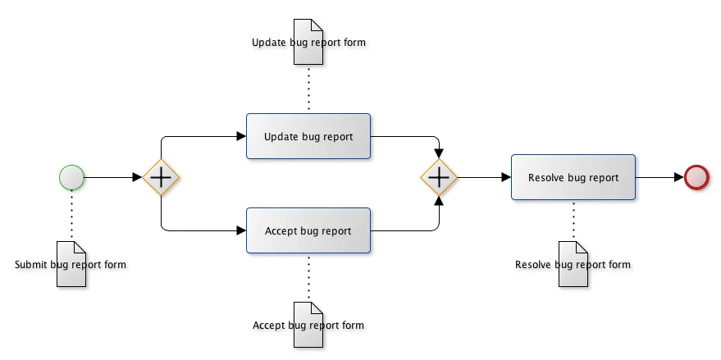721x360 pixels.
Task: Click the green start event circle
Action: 71,177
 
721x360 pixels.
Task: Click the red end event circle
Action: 696,177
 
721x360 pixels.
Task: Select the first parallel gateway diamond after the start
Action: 161,177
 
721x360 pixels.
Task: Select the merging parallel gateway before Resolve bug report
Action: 440,177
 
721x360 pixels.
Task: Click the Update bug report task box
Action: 308,136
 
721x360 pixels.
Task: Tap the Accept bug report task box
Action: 308,230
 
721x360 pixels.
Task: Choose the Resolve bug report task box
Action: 573,177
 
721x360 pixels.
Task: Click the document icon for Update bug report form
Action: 308,34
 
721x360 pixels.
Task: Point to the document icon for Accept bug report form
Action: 308,325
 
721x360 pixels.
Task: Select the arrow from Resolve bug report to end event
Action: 659,177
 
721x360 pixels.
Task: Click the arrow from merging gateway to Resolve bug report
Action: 484,177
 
